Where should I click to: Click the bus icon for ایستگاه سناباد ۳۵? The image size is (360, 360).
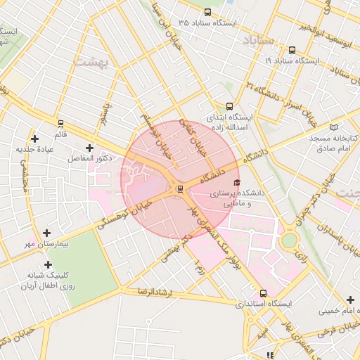click(x=207, y=12)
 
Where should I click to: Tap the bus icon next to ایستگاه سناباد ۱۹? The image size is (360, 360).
click(x=292, y=50)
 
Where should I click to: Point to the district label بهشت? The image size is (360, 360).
click(x=89, y=63)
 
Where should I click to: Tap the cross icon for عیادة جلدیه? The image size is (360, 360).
click(x=34, y=139)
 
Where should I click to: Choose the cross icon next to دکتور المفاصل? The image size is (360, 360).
click(x=89, y=148)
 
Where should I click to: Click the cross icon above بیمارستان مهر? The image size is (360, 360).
click(x=46, y=233)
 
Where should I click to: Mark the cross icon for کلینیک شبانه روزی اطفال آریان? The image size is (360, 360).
click(x=48, y=265)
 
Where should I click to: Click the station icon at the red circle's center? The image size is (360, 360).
click(x=180, y=188)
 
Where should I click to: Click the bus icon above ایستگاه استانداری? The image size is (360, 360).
click(x=263, y=293)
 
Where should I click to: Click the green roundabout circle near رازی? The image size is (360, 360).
click(x=288, y=240)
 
